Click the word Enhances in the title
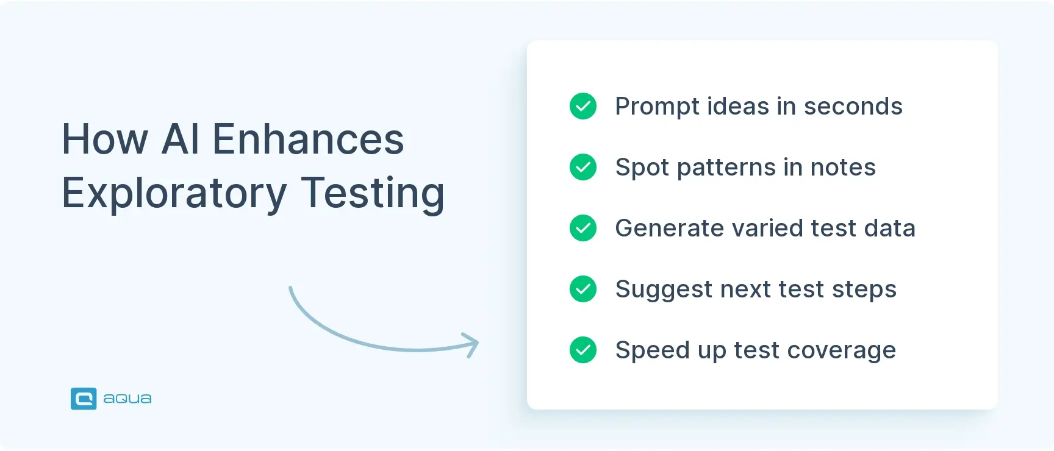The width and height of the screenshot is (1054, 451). (x=307, y=140)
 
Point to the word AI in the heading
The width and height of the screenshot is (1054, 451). (x=181, y=140)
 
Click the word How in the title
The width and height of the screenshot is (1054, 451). (x=105, y=140)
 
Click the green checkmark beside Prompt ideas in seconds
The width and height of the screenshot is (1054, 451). (x=583, y=106)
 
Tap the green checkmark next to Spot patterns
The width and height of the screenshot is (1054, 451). (x=583, y=167)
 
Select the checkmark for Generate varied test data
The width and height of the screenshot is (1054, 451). (x=583, y=228)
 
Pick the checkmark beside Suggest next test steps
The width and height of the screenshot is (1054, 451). (x=583, y=289)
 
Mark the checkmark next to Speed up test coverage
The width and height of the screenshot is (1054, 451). (x=583, y=350)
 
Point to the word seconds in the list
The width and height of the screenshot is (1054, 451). (x=853, y=107)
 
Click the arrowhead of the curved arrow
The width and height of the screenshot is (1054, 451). (x=472, y=344)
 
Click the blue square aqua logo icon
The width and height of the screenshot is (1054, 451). (x=84, y=399)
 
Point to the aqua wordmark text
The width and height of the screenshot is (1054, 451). (x=127, y=399)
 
